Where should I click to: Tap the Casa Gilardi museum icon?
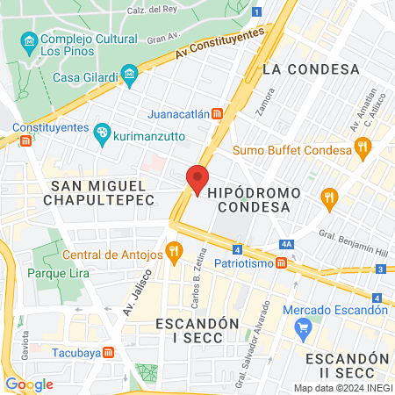point(130,75)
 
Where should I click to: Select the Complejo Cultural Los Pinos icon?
point(30,41)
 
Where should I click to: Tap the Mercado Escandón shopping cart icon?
point(305,329)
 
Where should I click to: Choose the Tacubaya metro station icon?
point(108,352)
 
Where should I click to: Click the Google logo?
point(29,384)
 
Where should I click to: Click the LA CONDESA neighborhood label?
point(298,68)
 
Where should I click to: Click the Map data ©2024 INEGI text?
point(341,388)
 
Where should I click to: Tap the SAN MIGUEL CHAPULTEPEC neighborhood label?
point(103,192)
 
